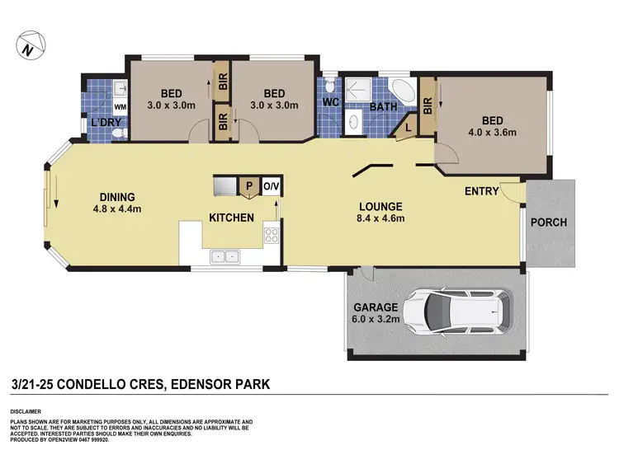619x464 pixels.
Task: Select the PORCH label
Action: click(548, 223)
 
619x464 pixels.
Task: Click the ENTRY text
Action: click(481, 191)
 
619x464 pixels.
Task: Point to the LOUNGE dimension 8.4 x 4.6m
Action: click(380, 219)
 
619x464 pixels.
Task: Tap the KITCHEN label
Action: click(230, 218)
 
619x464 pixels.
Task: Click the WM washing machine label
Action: click(119, 106)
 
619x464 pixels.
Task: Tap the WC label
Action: click(332, 104)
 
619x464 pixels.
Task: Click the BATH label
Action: click(384, 106)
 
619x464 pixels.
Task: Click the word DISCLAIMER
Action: click(30, 410)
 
